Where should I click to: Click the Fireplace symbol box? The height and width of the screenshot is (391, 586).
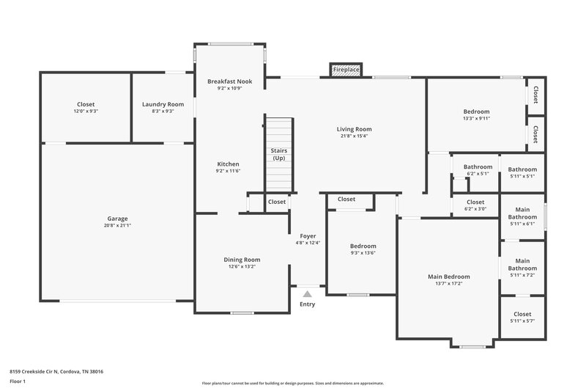(346, 70)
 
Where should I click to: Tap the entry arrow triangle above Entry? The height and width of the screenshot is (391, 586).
(307, 293)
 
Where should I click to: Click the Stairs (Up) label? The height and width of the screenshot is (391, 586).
(278, 154)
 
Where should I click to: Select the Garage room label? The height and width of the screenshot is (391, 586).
(117, 219)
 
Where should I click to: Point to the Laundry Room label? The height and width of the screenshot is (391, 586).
(163, 104)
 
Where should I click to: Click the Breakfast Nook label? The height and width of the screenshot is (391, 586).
(229, 81)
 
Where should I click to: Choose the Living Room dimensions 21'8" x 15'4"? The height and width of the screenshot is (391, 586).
(354, 136)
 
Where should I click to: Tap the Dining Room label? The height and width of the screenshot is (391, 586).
(242, 260)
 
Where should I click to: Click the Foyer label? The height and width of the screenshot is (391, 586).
(308, 236)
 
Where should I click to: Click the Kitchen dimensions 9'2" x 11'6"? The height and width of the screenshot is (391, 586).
(229, 170)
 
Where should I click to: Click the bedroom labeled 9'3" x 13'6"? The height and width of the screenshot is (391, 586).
(363, 249)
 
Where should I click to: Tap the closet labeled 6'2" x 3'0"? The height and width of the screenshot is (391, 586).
(475, 205)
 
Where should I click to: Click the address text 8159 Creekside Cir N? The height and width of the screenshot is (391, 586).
(56, 372)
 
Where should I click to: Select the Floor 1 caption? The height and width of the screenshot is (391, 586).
(18, 382)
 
